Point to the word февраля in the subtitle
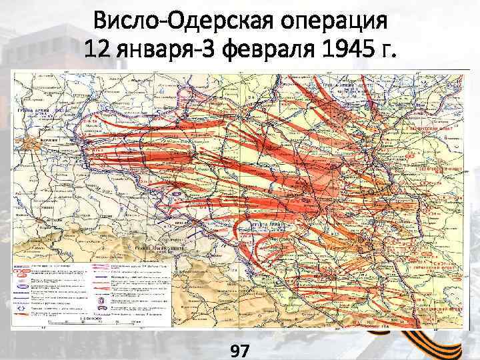(x=267, y=48)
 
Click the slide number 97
(x=239, y=348)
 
